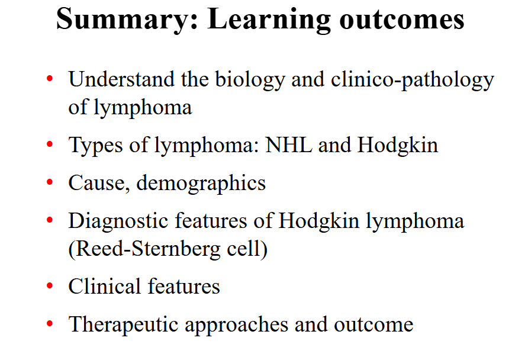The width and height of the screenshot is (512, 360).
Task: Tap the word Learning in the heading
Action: click(269, 20)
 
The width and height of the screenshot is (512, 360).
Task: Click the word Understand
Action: click(121, 80)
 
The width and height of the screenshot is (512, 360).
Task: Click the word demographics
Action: click(201, 183)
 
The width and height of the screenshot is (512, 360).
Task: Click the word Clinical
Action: click(105, 287)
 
